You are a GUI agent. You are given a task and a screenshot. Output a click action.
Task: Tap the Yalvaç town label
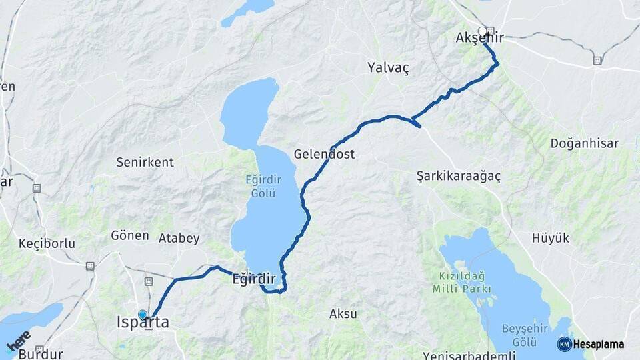tap(387, 67)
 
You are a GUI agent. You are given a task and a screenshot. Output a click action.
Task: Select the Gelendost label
tap(324, 154)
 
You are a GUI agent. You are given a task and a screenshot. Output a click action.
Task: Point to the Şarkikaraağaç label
tap(458, 177)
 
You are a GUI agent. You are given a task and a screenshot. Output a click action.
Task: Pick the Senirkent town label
tap(145, 162)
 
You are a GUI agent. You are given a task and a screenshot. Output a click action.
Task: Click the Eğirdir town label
tap(253, 279)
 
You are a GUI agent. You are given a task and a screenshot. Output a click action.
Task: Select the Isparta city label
tap(143, 323)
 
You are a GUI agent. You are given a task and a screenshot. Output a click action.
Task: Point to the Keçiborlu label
tap(47, 243)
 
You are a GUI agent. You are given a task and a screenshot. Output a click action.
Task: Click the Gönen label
tap(129, 235)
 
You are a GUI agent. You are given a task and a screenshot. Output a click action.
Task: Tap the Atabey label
tap(179, 238)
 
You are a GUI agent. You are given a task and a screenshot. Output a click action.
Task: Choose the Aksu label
tap(343, 313)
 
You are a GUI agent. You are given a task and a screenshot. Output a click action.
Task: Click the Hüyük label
tap(551, 238)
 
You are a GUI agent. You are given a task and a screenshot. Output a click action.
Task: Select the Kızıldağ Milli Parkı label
tap(462, 283)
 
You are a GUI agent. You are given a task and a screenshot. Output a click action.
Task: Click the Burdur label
tap(41, 354)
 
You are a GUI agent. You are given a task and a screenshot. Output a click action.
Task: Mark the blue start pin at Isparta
tap(142, 315)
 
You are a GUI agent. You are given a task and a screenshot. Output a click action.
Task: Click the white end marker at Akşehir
tap(482, 31)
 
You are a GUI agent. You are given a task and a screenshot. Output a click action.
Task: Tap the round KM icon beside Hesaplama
tap(564, 344)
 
